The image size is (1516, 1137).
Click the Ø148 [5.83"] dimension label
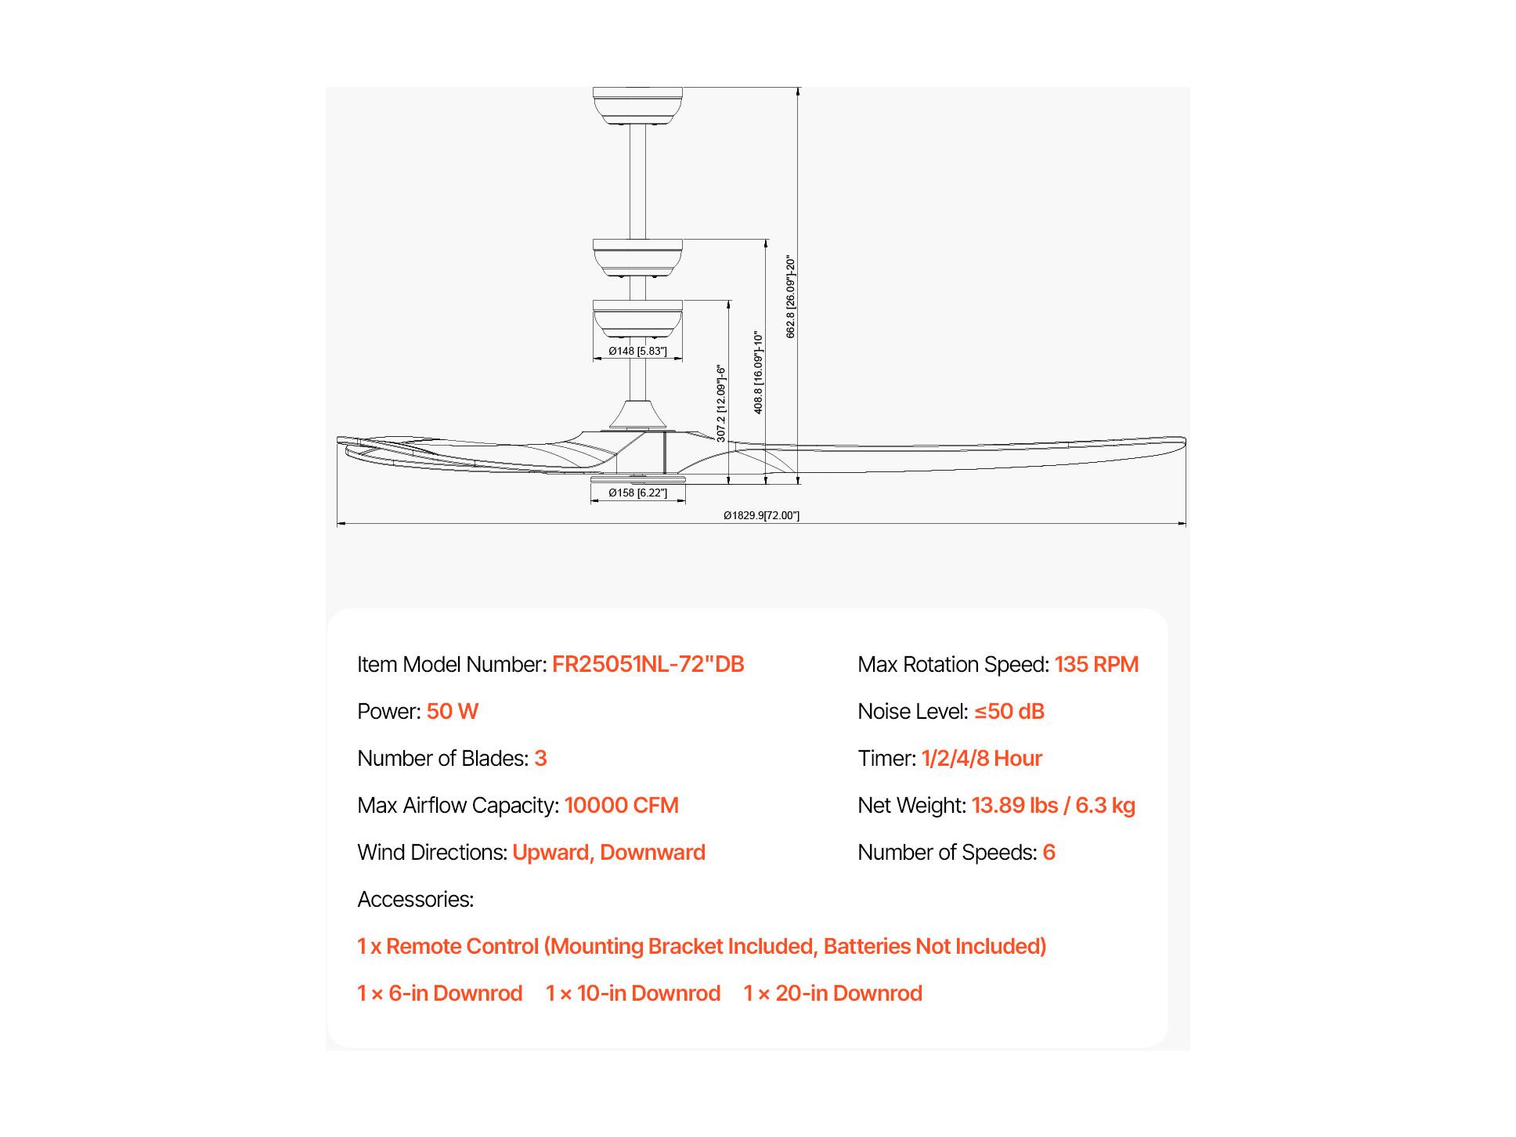pos(637,351)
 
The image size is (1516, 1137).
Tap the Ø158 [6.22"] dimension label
pos(638,493)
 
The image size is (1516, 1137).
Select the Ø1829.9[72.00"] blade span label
pos(761,515)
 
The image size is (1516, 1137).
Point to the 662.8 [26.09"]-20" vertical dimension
pos(791,297)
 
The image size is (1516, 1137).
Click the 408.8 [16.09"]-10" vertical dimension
pos(758,372)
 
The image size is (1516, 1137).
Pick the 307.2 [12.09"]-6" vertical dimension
pos(721,403)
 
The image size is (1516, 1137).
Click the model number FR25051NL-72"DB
pos(648,664)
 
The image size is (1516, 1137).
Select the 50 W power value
pos(452,711)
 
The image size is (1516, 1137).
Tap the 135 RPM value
pos(1096,664)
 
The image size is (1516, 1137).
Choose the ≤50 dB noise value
pos(1009,711)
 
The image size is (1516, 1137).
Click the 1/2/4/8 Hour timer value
pos(981,758)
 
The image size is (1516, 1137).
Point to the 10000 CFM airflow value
pos(621,805)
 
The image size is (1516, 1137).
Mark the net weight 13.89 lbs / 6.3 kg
pos(1053,805)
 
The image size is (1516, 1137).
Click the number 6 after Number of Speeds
pos(1049,852)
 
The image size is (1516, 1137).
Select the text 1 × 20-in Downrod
pos(833,993)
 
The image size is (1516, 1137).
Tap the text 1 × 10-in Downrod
pos(633,993)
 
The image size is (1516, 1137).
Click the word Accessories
pos(415,899)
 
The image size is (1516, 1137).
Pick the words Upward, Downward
pos(608,852)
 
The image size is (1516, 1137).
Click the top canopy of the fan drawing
pos(637,105)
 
